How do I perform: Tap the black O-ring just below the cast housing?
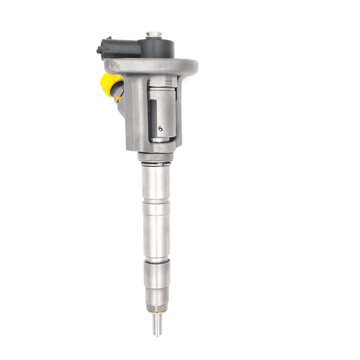click(153, 159)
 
